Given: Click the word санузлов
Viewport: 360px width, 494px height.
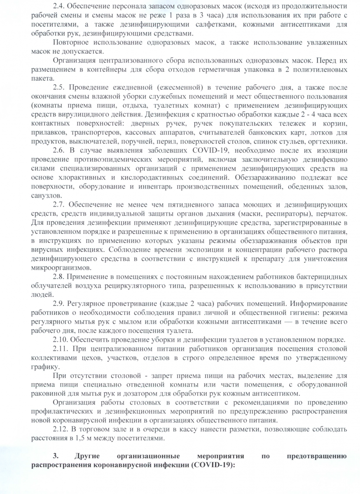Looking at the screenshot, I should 46,195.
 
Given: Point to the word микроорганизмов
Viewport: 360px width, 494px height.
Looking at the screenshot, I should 58,267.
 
